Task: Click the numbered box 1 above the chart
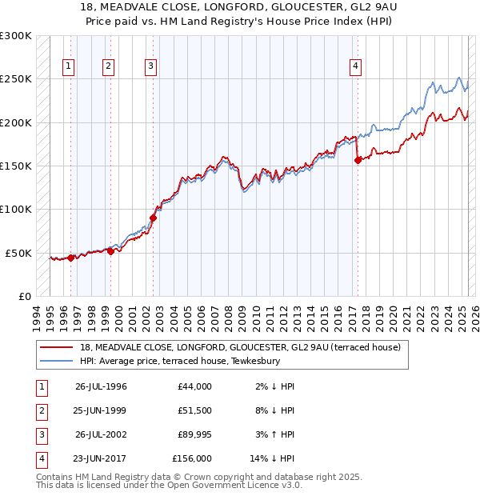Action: pyautogui.click(x=68, y=66)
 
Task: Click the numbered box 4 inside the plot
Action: pyautogui.click(x=354, y=66)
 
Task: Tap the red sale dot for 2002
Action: pyautogui.click(x=153, y=217)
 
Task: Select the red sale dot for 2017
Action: pyautogui.click(x=358, y=160)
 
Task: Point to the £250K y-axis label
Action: pyautogui.click(x=16, y=79)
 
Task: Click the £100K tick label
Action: pyautogui.click(x=16, y=209)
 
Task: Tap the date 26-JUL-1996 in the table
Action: pyautogui.click(x=101, y=386)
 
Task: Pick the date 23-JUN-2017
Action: pyautogui.click(x=101, y=458)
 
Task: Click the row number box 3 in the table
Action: pyautogui.click(x=41, y=434)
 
